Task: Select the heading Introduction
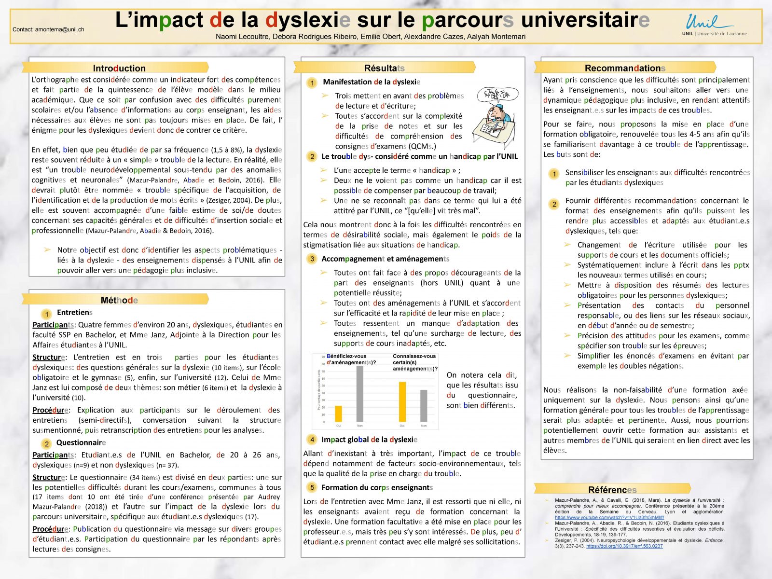click(x=119, y=68)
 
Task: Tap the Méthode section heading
click(x=119, y=300)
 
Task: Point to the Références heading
click(x=612, y=490)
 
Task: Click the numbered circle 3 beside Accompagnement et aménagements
click(x=312, y=259)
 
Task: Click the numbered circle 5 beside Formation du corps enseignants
click(x=312, y=488)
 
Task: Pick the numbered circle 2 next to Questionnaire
click(x=46, y=443)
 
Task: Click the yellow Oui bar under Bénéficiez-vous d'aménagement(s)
click(x=339, y=414)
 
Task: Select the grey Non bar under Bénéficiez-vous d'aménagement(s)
click(x=360, y=394)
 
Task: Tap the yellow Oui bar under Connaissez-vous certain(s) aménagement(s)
click(x=402, y=402)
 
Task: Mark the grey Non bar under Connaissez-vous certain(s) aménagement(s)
click(x=424, y=406)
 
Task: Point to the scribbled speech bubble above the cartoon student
click(x=497, y=94)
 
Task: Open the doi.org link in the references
click(x=624, y=546)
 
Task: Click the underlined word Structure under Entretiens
click(x=49, y=358)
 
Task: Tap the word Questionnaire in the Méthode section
click(x=81, y=443)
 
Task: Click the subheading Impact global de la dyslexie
click(x=369, y=440)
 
